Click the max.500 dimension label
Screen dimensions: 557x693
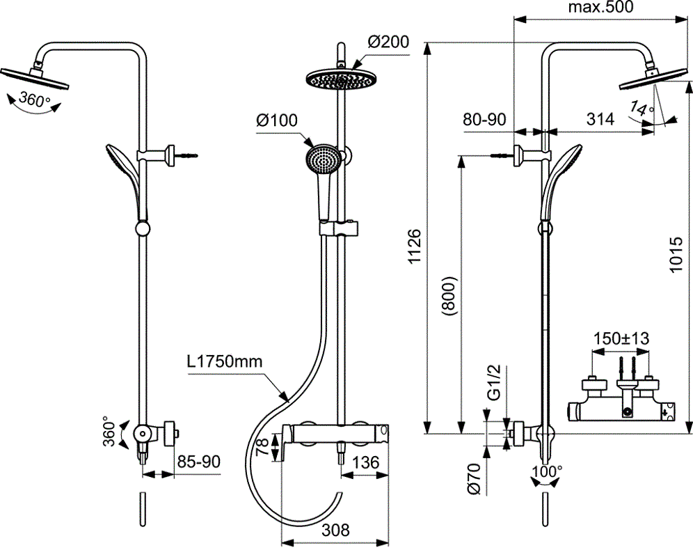pyautogui.click(x=600, y=8)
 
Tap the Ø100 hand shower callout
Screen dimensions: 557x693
pyautogui.click(x=276, y=120)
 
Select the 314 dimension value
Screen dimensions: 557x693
pyautogui.click(x=600, y=119)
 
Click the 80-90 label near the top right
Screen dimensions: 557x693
pyautogui.click(x=484, y=119)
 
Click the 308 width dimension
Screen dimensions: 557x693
pyautogui.click(x=335, y=530)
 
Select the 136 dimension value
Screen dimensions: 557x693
pyautogui.click(x=365, y=462)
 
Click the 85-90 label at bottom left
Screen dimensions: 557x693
pyautogui.click(x=199, y=462)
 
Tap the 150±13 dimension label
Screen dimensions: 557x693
pyautogui.click(x=621, y=339)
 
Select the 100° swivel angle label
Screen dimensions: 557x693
pyautogui.click(x=547, y=471)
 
